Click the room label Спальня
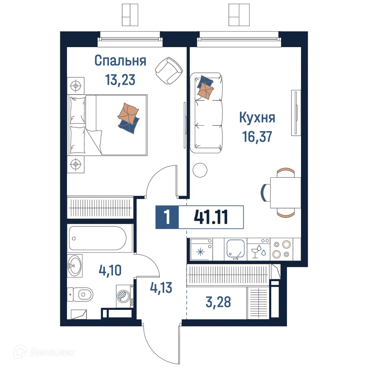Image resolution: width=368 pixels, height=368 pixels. [x=120, y=61]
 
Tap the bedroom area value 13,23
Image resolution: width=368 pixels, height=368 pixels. [x=120, y=79]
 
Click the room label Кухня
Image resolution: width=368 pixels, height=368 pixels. [x=257, y=118]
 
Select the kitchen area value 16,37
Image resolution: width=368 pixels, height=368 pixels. [x=257, y=137]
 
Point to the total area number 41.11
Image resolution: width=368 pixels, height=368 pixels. [x=211, y=217]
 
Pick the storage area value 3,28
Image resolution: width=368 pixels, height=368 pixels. [x=219, y=303]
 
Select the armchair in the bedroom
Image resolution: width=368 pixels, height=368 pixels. [x=169, y=70]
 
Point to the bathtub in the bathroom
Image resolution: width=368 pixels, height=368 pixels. [x=100, y=239]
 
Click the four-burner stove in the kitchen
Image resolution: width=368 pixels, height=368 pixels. [x=281, y=249]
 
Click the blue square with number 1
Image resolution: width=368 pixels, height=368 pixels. [x=167, y=217]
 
